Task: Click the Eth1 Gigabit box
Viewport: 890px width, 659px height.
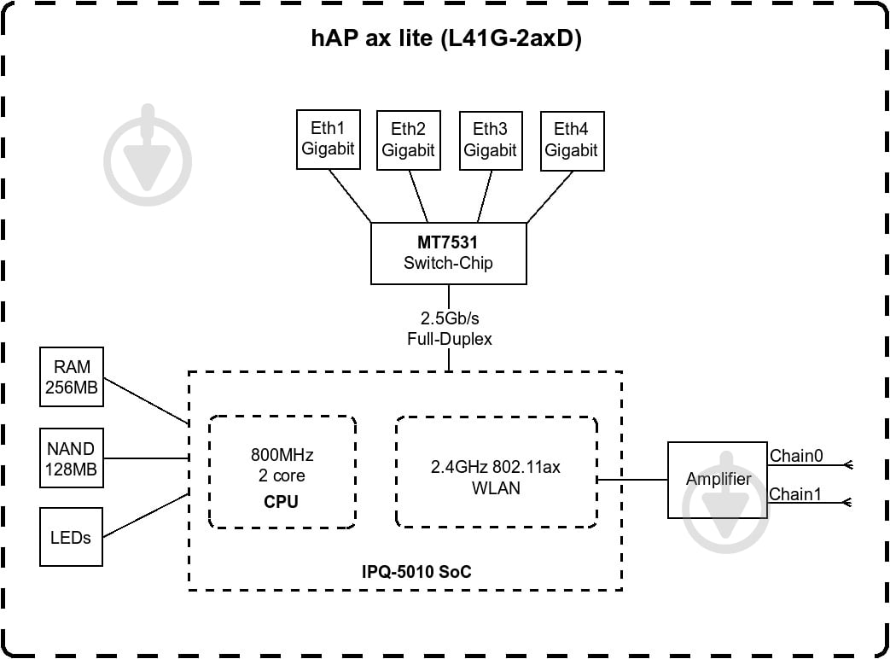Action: [x=328, y=139]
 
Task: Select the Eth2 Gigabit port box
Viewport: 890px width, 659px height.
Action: [x=408, y=140]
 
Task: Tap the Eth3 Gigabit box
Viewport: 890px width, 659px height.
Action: [x=490, y=140]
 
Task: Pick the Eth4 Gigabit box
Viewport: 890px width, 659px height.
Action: [x=572, y=140]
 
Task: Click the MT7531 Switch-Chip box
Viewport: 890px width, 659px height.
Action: [x=448, y=253]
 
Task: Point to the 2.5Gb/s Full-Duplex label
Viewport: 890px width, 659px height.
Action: [x=449, y=329]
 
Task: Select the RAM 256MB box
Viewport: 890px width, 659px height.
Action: [x=73, y=376]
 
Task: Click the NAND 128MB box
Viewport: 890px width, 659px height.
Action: [x=72, y=458]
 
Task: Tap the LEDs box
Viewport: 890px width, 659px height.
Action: [x=71, y=538]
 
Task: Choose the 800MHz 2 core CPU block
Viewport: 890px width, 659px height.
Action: [x=282, y=472]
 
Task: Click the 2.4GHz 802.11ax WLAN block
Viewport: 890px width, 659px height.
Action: [x=496, y=472]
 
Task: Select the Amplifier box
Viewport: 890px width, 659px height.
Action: [x=718, y=479]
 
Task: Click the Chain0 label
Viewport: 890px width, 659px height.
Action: [x=796, y=456]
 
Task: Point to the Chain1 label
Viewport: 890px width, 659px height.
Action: [x=796, y=494]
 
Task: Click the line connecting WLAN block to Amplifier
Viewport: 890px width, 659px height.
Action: [x=632, y=479]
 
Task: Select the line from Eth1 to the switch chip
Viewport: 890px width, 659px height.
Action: [x=352, y=195]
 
